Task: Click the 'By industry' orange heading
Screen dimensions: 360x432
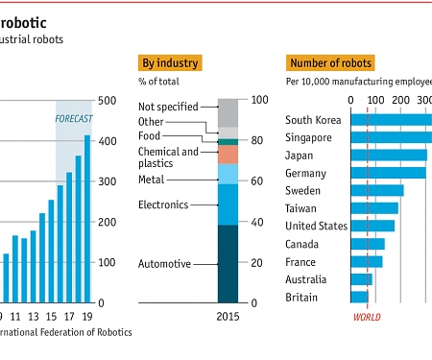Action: pyautogui.click(x=170, y=63)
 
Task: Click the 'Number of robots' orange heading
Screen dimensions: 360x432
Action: pyautogui.click(x=328, y=63)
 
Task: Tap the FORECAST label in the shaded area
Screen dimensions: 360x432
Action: pyautogui.click(x=74, y=118)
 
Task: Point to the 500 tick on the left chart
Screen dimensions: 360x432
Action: pyautogui.click(x=108, y=100)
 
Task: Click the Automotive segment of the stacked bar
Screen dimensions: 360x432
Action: pyautogui.click(x=227, y=264)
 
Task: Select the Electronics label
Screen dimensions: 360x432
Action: pyautogui.click(x=163, y=204)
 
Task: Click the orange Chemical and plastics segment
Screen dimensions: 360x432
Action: pyautogui.click(x=227, y=155)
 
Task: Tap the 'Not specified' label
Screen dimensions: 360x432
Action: pyautogui.click(x=168, y=107)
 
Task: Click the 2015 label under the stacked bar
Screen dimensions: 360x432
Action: pyautogui.click(x=227, y=316)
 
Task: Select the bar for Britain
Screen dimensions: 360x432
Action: pyautogui.click(x=359, y=298)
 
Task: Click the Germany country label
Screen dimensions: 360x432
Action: pyautogui.click(x=306, y=173)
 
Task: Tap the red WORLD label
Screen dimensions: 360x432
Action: pyautogui.click(x=367, y=317)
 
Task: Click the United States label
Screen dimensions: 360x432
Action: pyautogui.click(x=315, y=226)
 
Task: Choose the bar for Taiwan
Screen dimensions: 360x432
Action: pyautogui.click(x=374, y=208)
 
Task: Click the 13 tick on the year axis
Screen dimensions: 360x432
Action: pyautogui.click(x=33, y=316)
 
